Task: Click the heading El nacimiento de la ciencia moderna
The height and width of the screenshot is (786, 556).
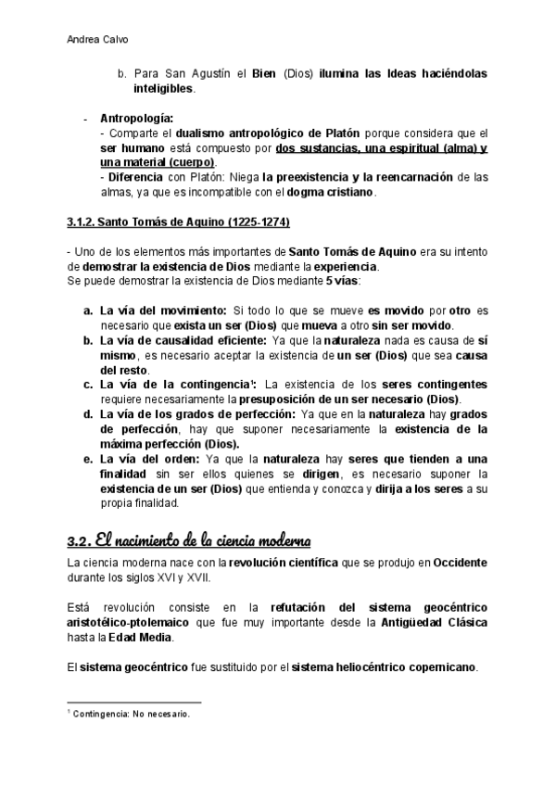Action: click(189, 539)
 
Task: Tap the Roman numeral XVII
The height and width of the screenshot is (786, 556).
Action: click(196, 577)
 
